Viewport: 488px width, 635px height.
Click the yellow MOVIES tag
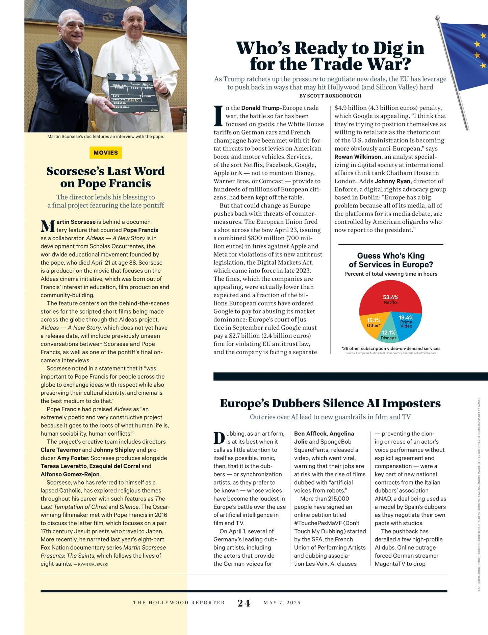tap(106, 153)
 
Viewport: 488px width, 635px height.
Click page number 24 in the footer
tap(244, 603)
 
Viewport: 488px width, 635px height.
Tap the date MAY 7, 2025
tap(282, 603)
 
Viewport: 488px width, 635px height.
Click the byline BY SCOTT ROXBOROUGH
tap(330, 96)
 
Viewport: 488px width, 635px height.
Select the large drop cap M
tap(47, 226)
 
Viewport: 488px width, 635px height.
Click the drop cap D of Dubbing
tap(219, 438)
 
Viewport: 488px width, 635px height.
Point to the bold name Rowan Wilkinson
tap(358, 157)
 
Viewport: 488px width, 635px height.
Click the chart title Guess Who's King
tap(391, 256)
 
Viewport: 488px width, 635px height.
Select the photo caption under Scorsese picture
tap(106, 137)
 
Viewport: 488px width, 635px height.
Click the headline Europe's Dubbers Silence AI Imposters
tap(330, 403)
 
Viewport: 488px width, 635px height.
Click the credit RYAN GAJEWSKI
tap(93, 564)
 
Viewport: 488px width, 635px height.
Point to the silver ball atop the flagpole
tap(438, 17)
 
